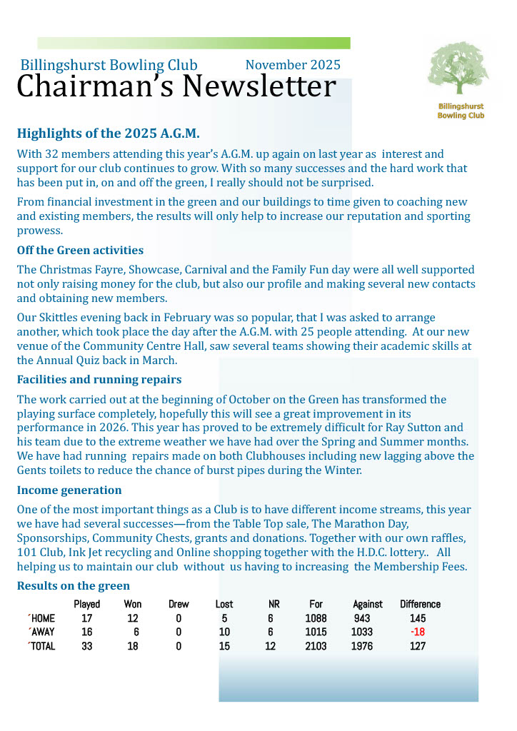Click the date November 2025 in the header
pos(293,65)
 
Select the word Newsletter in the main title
pos(258,87)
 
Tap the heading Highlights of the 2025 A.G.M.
pos(108,133)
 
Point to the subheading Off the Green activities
pos(80,251)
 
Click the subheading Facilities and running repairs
pos(99,379)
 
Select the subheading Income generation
pos(69,490)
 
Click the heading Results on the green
pos(73,586)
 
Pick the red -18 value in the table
pos(418,632)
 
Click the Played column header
pos(87,604)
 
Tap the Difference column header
pos(420,604)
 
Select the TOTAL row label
pos(42,646)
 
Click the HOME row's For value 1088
pos(316,618)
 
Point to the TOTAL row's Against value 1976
pos(362,646)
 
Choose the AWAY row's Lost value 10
pos(224,632)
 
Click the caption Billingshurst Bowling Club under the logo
pos(461,111)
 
